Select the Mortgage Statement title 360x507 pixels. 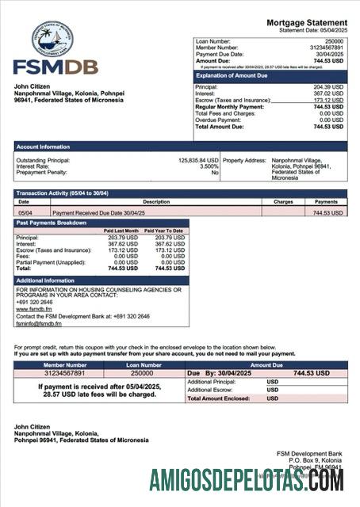[306, 22]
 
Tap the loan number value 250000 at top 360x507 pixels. [334, 40]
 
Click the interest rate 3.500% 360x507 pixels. [208, 166]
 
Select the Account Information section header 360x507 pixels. [43, 147]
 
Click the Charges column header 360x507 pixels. [283, 202]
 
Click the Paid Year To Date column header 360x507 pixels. [163, 231]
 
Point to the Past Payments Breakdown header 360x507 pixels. [52, 223]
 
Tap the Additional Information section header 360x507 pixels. [45, 280]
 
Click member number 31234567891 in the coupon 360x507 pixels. [64, 372]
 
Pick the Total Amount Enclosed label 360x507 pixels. [221, 398]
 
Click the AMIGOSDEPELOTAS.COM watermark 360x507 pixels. [246, 480]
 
